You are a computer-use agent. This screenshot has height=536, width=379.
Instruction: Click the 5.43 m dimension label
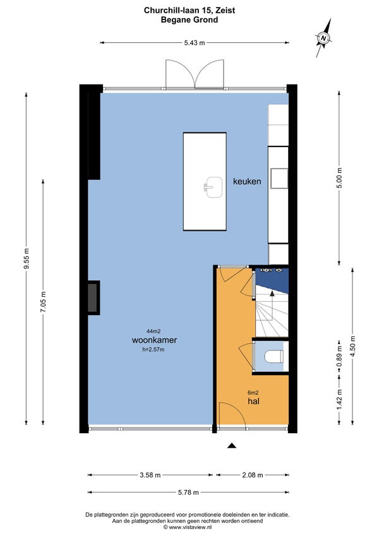point(195,43)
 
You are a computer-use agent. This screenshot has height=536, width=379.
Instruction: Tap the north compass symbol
point(323,38)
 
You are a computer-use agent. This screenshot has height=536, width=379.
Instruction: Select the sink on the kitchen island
point(213,187)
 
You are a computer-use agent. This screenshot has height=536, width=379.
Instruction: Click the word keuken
point(247,181)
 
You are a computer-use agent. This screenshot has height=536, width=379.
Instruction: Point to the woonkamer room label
point(154,340)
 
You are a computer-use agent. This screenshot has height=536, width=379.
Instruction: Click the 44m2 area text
point(153,331)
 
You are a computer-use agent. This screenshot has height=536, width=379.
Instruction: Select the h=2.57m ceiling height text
point(153,349)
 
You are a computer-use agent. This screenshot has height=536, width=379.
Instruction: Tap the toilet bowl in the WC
point(274,357)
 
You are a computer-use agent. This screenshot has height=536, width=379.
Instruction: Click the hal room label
point(253,401)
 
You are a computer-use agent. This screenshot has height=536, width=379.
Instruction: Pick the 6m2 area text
point(253,393)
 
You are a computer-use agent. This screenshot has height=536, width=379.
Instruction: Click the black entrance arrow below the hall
point(232,445)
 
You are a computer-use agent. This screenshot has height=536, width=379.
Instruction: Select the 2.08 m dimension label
point(253,475)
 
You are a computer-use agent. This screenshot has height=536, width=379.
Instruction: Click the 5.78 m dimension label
point(188,492)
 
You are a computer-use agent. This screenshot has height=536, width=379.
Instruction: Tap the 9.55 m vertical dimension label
point(27,258)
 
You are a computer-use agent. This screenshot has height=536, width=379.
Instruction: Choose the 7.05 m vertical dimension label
point(43,302)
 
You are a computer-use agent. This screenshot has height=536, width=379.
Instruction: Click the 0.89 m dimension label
point(339,357)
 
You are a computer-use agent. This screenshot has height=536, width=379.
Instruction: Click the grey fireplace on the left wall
point(93,298)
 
